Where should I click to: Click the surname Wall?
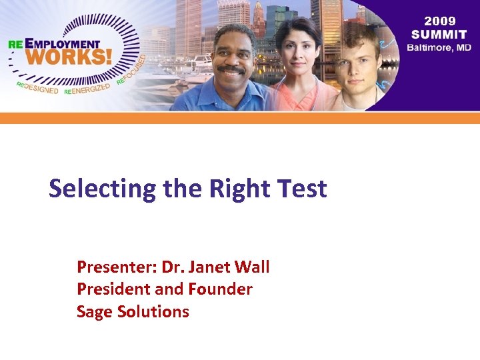point(254,267)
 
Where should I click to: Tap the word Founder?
point(221,289)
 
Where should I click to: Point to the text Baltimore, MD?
point(439,47)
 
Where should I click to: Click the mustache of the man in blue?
point(231,69)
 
